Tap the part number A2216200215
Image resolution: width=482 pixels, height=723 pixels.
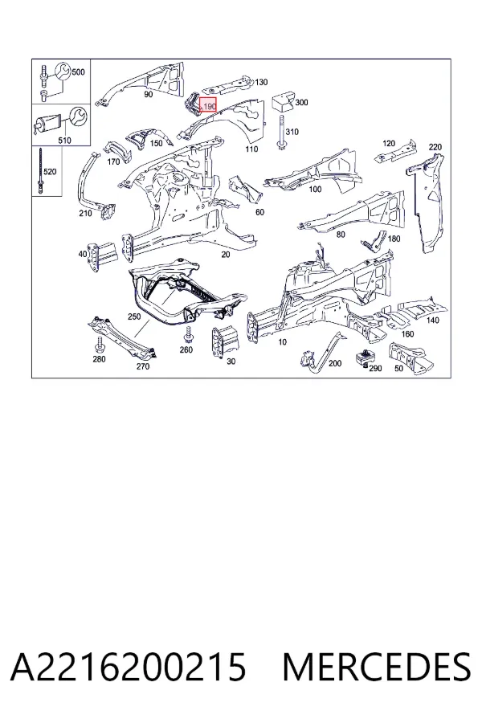click(x=129, y=667)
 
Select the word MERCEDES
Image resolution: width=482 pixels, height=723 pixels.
click(x=377, y=667)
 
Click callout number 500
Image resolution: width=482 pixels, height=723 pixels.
click(x=79, y=72)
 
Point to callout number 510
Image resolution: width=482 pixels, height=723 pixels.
click(x=65, y=140)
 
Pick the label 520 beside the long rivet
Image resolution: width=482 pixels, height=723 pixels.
click(x=49, y=172)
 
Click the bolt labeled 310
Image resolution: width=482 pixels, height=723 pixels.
click(x=280, y=131)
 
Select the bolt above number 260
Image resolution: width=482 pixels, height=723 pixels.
click(x=188, y=334)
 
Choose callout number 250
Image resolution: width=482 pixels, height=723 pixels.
click(x=134, y=317)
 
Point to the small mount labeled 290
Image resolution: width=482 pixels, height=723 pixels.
click(x=362, y=357)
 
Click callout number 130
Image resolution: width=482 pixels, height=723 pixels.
click(x=261, y=82)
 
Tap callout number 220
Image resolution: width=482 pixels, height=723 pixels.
click(x=435, y=147)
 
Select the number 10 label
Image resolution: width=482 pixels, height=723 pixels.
click(x=282, y=341)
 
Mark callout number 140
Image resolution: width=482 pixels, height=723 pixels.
click(x=433, y=320)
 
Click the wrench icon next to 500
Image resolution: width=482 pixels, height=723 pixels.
click(x=63, y=71)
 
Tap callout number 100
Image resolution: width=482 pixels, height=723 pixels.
click(x=315, y=189)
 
